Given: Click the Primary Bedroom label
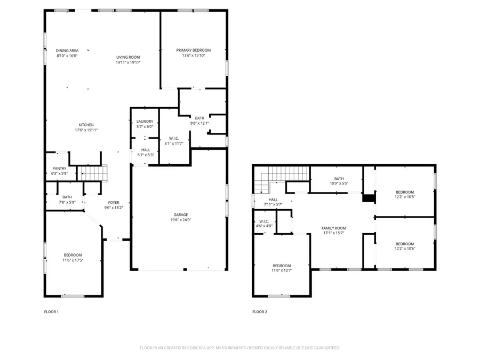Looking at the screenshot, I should point(193,50).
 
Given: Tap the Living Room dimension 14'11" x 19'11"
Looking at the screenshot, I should point(128,62).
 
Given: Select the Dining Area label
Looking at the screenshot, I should point(67,50).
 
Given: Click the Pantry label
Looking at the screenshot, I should point(59,169).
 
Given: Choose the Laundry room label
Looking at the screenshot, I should point(145,122).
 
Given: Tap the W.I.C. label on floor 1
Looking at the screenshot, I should point(173,138).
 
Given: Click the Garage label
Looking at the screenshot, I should point(179,214).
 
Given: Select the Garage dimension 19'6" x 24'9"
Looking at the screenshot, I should point(179,220).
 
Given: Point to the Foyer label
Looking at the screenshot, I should point(114,202).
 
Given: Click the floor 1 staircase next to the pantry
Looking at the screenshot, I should point(93,173).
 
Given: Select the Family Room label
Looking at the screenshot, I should point(334,228).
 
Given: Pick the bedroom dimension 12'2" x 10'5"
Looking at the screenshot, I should point(404,197).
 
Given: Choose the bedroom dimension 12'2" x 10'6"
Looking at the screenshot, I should point(404,249).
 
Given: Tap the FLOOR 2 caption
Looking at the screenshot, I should point(260,311).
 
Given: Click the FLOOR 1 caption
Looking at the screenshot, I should point(51,311).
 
